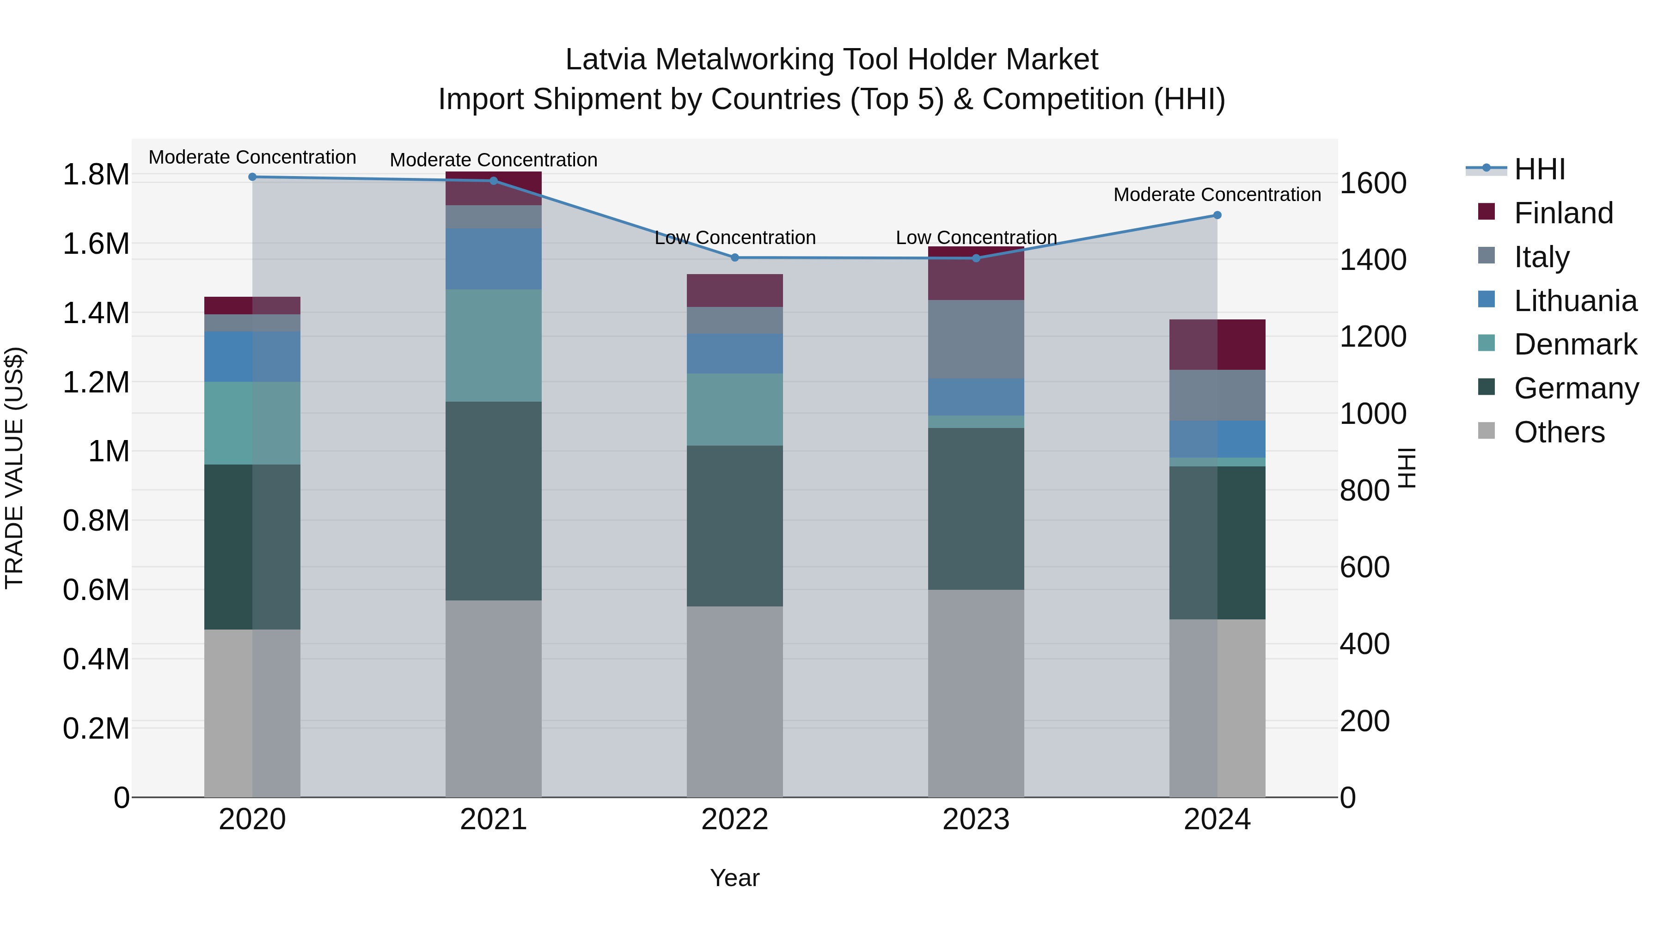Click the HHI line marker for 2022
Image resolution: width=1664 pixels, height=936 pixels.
[x=734, y=258]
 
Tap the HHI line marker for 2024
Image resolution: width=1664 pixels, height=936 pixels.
[x=1217, y=215]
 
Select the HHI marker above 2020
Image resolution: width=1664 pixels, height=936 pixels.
[x=252, y=177]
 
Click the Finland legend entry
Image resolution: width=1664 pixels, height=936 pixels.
[x=1563, y=213]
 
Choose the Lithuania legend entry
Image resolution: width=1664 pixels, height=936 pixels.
[x=1574, y=301]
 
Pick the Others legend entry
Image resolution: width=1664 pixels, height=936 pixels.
[x=1558, y=432]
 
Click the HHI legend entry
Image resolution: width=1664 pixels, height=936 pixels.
[x=1539, y=169]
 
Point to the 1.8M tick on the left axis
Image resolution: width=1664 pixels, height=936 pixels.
[x=96, y=174]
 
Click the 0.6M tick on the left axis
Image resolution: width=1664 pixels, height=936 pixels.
[x=96, y=590]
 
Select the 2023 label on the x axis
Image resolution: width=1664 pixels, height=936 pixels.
[x=975, y=819]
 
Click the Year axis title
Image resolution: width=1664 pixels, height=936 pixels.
[x=734, y=878]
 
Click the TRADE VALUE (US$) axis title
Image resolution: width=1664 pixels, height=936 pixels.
[x=14, y=468]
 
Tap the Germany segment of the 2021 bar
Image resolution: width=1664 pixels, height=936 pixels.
[x=494, y=501]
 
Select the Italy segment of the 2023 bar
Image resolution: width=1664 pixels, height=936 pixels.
[x=975, y=339]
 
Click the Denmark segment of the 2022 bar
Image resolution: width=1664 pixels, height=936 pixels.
[x=734, y=409]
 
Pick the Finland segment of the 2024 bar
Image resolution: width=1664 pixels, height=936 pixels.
[x=1217, y=344]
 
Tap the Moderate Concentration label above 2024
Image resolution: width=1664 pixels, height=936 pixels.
[x=1217, y=195]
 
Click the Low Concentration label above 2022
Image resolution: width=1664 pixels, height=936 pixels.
[x=734, y=238]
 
